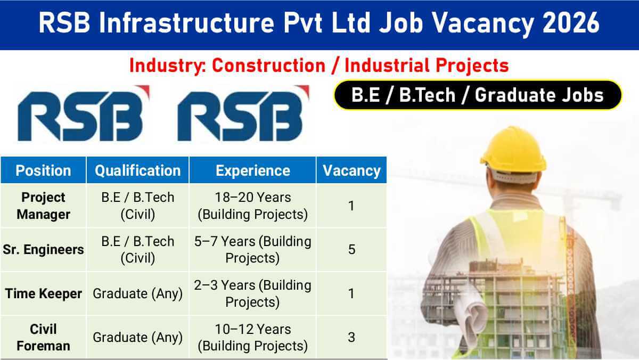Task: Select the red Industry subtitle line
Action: click(x=319, y=66)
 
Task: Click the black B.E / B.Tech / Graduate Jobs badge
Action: click(x=478, y=95)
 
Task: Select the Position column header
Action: click(x=43, y=170)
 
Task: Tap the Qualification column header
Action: click(x=137, y=170)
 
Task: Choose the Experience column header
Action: click(x=253, y=170)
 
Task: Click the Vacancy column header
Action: click(x=351, y=170)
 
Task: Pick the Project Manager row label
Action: click(x=43, y=206)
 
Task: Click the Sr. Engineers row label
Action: click(x=43, y=249)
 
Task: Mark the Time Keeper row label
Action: click(x=43, y=293)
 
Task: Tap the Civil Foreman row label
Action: click(x=43, y=337)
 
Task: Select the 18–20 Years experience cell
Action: click(x=253, y=206)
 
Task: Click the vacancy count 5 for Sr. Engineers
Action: click(x=351, y=249)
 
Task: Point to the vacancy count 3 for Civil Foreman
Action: click(x=351, y=337)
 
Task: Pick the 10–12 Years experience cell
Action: click(x=253, y=337)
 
